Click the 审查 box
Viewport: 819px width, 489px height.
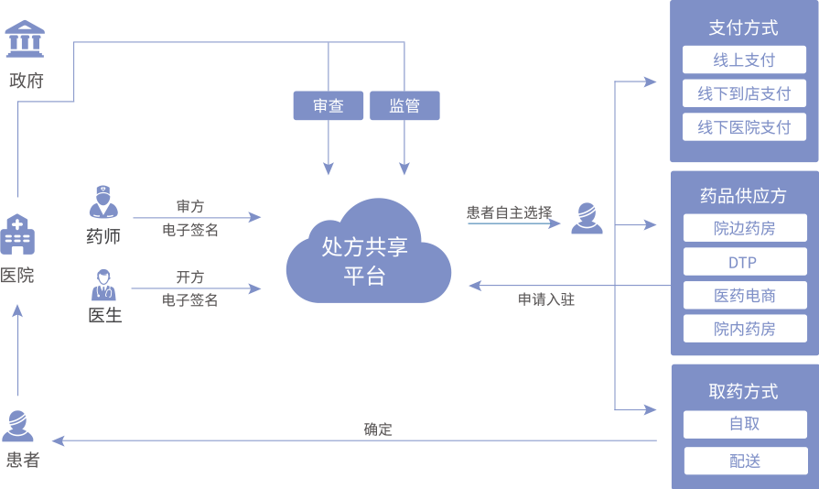tap(329, 105)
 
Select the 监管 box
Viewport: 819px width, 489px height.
tap(404, 105)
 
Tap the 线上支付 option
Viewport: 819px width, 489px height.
tap(744, 60)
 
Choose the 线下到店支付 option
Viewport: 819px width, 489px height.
tap(744, 93)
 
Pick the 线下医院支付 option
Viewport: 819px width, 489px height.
tap(744, 127)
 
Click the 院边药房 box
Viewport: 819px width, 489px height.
tap(744, 228)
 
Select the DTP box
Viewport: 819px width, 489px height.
tap(744, 262)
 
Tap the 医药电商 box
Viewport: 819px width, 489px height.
tap(744, 295)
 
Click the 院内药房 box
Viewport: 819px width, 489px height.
tap(744, 329)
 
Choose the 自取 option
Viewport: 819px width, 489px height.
tap(744, 424)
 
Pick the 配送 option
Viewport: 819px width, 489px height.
tap(744, 461)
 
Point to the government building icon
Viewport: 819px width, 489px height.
tap(25, 39)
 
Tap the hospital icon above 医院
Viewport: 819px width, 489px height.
tap(17, 234)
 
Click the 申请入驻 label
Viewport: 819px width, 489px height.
tap(546, 299)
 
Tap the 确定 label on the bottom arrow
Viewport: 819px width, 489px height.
tap(378, 429)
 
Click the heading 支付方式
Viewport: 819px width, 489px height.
tap(743, 27)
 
